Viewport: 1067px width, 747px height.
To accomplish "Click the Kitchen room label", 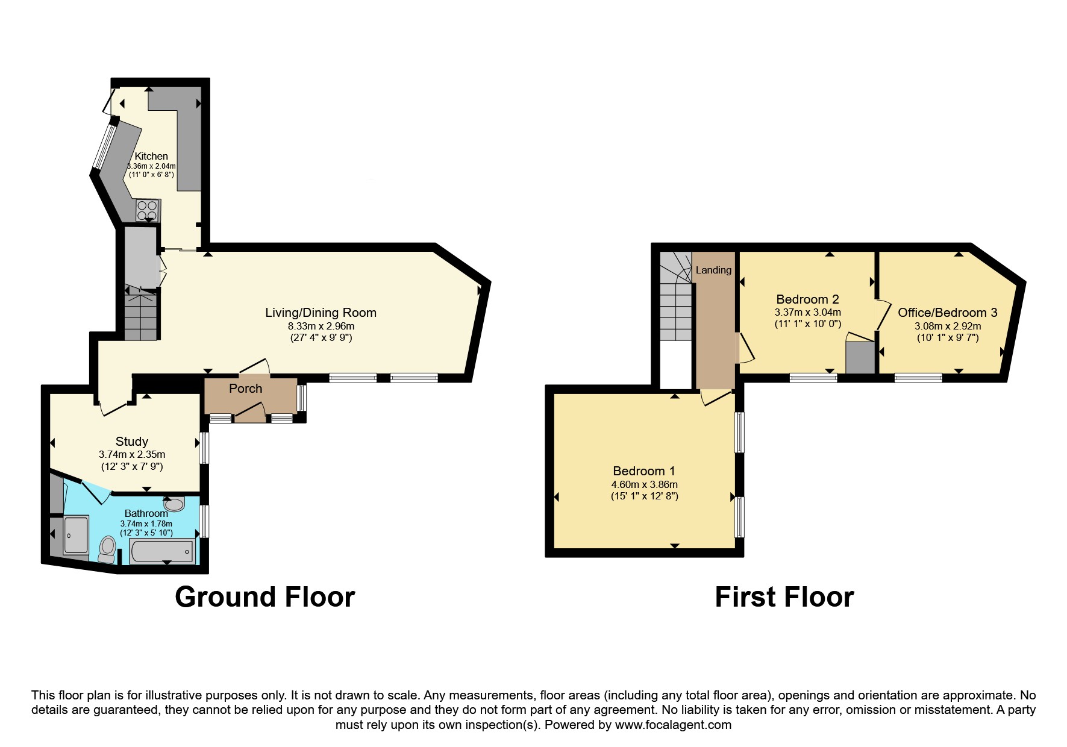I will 151,156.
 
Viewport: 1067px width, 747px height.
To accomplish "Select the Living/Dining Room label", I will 321,313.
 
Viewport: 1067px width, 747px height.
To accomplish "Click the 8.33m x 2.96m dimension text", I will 321,326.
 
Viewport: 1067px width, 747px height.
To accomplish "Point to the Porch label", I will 246,389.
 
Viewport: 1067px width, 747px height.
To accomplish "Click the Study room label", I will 131,442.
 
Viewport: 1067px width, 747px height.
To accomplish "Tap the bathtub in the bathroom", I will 162,551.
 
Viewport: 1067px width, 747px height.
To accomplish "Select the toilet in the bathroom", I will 108,548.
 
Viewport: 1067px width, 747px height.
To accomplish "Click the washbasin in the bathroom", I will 175,504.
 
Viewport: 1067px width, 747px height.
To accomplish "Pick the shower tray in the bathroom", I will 76,534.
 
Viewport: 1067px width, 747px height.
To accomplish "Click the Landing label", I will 713,270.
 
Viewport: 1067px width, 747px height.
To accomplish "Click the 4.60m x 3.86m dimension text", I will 644,484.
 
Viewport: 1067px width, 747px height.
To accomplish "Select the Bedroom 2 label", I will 807,299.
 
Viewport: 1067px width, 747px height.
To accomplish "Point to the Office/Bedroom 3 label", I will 947,313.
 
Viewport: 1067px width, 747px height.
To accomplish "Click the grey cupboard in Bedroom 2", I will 860,358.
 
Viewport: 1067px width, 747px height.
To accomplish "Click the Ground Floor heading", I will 264,597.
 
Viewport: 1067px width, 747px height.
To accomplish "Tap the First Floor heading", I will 784,597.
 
